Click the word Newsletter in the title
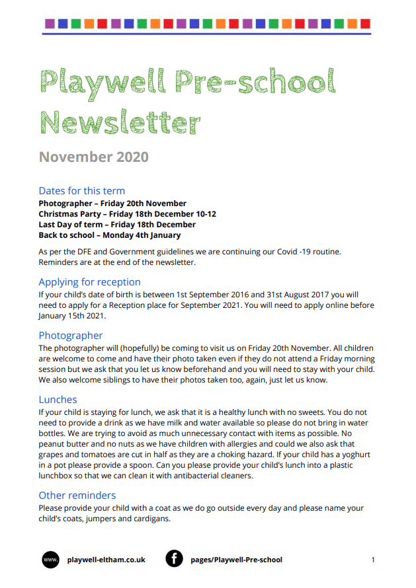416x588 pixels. [x=120, y=122]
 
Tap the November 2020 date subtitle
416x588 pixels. [x=93, y=157]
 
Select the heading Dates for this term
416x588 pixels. [x=81, y=191]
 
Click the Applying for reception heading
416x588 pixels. [x=89, y=282]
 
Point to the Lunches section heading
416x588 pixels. [x=58, y=400]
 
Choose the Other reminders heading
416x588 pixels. [x=77, y=496]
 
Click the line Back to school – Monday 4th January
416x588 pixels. [x=109, y=235]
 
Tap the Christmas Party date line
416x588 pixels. [x=127, y=214]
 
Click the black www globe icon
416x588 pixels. [x=51, y=560]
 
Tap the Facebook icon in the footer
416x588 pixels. [x=174, y=560]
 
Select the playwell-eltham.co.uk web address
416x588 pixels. [x=106, y=560]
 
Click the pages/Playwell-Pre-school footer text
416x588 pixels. [x=236, y=560]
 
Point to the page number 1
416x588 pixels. [x=373, y=560]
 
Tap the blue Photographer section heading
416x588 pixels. [x=70, y=336]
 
